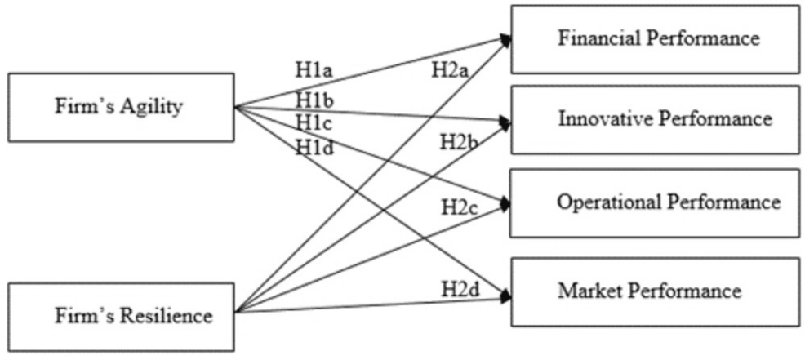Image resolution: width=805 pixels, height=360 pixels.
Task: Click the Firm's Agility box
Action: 120,107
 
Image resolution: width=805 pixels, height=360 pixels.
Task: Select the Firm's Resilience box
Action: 120,313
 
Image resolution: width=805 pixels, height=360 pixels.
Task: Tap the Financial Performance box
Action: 655,38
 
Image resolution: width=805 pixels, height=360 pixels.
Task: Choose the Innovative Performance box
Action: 655,119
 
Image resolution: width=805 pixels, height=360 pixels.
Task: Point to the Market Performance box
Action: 655,291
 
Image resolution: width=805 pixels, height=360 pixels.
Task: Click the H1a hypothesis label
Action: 314,69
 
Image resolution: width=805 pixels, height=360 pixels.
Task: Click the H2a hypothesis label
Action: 450,70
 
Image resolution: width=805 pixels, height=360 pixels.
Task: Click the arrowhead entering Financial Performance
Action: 506,39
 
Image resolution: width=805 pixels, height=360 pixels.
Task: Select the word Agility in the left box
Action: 151,108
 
